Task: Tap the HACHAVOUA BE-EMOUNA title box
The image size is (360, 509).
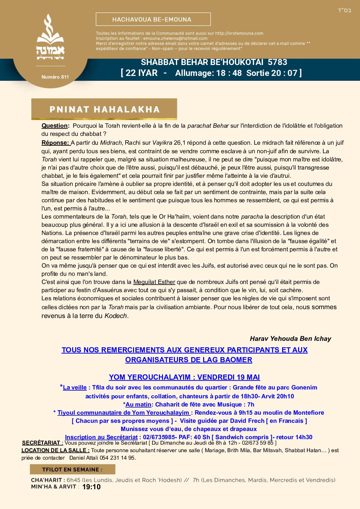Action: [x=153, y=19]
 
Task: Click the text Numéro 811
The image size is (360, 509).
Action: [x=55, y=77]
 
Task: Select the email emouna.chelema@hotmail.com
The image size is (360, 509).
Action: [x=175, y=38]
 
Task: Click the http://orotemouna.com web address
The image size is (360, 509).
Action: [x=239, y=33]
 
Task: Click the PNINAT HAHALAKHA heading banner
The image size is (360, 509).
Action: [x=104, y=109]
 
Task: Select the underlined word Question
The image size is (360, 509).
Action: [x=54, y=126]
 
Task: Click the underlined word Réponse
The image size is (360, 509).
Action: [x=55, y=143]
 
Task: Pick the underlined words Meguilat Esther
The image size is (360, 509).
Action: [x=154, y=282]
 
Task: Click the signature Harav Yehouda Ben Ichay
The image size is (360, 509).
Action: [x=290, y=338]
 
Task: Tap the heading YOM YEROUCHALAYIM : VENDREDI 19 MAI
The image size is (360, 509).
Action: [x=184, y=377]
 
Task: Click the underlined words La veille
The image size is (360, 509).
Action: [x=75, y=387]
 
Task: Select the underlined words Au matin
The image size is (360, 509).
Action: [x=138, y=404]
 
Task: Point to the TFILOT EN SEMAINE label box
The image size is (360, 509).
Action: [x=72, y=470]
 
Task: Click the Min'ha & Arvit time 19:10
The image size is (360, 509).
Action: [x=91, y=487]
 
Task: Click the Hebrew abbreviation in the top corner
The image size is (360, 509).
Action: [x=344, y=10]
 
